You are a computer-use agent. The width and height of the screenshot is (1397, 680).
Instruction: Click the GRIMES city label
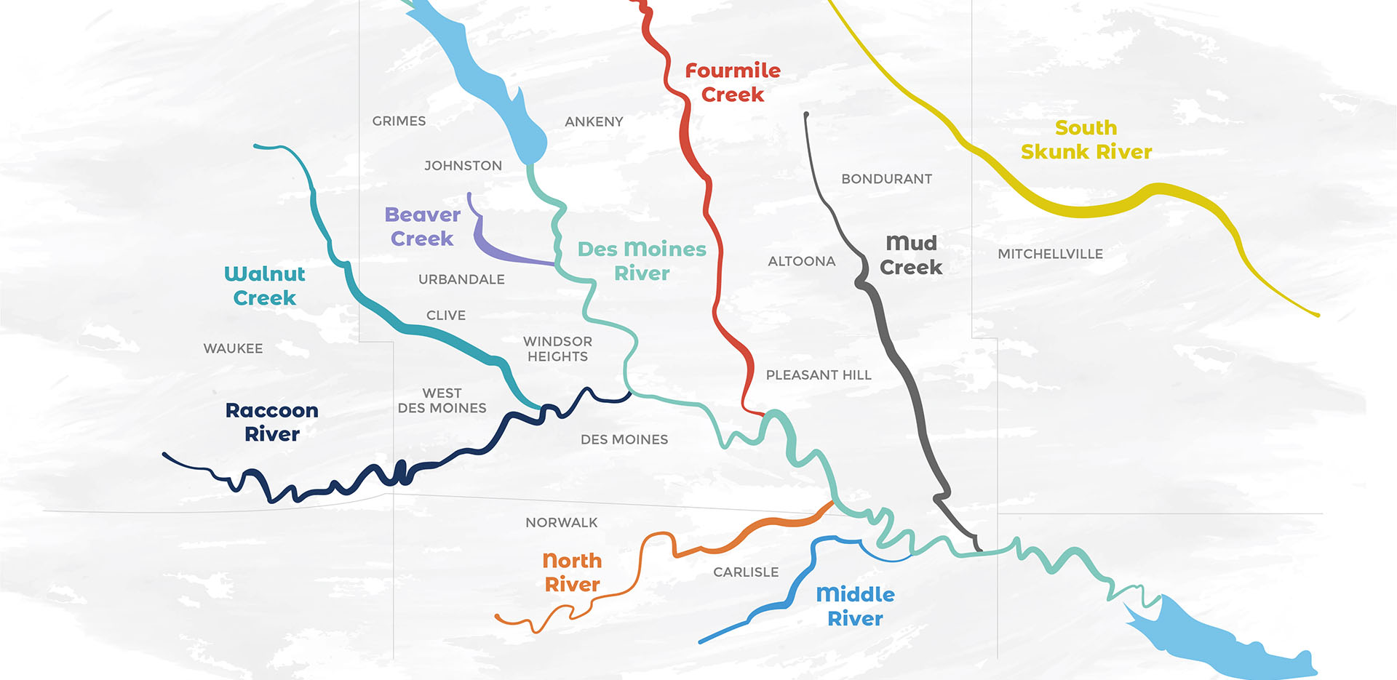pyautogui.click(x=399, y=121)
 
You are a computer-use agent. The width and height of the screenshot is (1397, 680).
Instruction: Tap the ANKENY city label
pyautogui.click(x=594, y=121)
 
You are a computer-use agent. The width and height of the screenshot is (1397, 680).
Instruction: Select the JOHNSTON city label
pyautogui.click(x=463, y=166)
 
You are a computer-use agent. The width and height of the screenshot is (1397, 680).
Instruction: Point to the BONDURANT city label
pyautogui.click(x=886, y=179)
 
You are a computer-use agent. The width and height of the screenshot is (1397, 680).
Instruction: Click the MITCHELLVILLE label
pyautogui.click(x=1050, y=254)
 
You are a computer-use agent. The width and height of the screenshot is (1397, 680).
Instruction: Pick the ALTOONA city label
pyautogui.click(x=801, y=261)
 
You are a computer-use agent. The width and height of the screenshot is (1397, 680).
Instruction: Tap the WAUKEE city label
pyautogui.click(x=233, y=348)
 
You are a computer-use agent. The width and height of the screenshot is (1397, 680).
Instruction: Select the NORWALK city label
pyautogui.click(x=561, y=522)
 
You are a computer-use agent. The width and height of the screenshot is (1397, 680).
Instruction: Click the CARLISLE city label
pyautogui.click(x=746, y=572)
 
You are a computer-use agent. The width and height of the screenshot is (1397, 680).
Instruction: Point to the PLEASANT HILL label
pyautogui.click(x=818, y=375)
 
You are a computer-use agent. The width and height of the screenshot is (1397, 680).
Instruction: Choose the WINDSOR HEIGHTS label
pyautogui.click(x=557, y=349)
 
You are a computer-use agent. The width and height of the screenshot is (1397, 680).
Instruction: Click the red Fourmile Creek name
pyautogui.click(x=733, y=82)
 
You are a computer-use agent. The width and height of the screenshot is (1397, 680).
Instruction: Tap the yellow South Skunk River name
pyautogui.click(x=1086, y=140)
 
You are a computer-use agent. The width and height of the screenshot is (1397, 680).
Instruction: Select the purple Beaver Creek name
pyautogui.click(x=422, y=226)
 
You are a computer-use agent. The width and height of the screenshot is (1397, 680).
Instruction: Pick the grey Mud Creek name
pyautogui.click(x=910, y=255)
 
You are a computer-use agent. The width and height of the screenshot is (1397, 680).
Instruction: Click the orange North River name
pyautogui.click(x=572, y=572)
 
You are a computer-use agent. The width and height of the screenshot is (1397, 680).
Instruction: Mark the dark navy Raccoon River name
pyautogui.click(x=271, y=422)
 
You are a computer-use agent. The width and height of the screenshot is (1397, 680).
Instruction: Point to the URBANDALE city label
pyautogui.click(x=461, y=279)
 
